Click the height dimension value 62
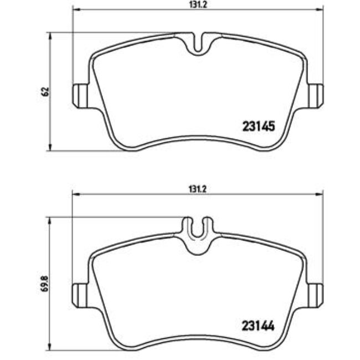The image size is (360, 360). [47, 91]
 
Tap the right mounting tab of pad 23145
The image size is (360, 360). [316, 94]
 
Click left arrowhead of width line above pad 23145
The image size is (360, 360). [76, 10]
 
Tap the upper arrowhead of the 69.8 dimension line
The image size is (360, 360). [51, 220]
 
